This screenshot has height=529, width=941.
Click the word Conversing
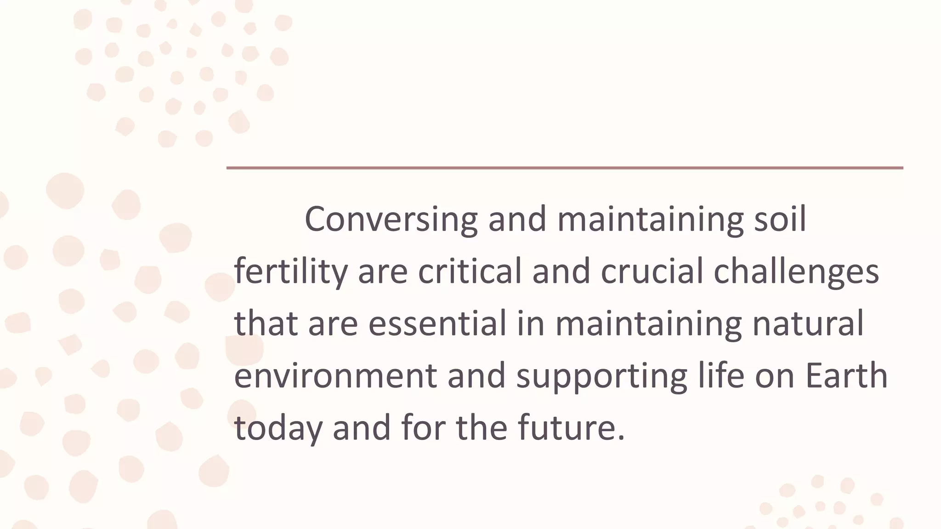pos(391,219)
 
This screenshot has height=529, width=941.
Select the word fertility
pos(290,271)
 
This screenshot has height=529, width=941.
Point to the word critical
pos(470,271)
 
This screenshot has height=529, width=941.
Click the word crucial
pos(652,271)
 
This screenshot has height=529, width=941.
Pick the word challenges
pos(796,271)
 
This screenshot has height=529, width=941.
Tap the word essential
pos(437,323)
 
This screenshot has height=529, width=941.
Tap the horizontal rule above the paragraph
pos(565,168)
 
